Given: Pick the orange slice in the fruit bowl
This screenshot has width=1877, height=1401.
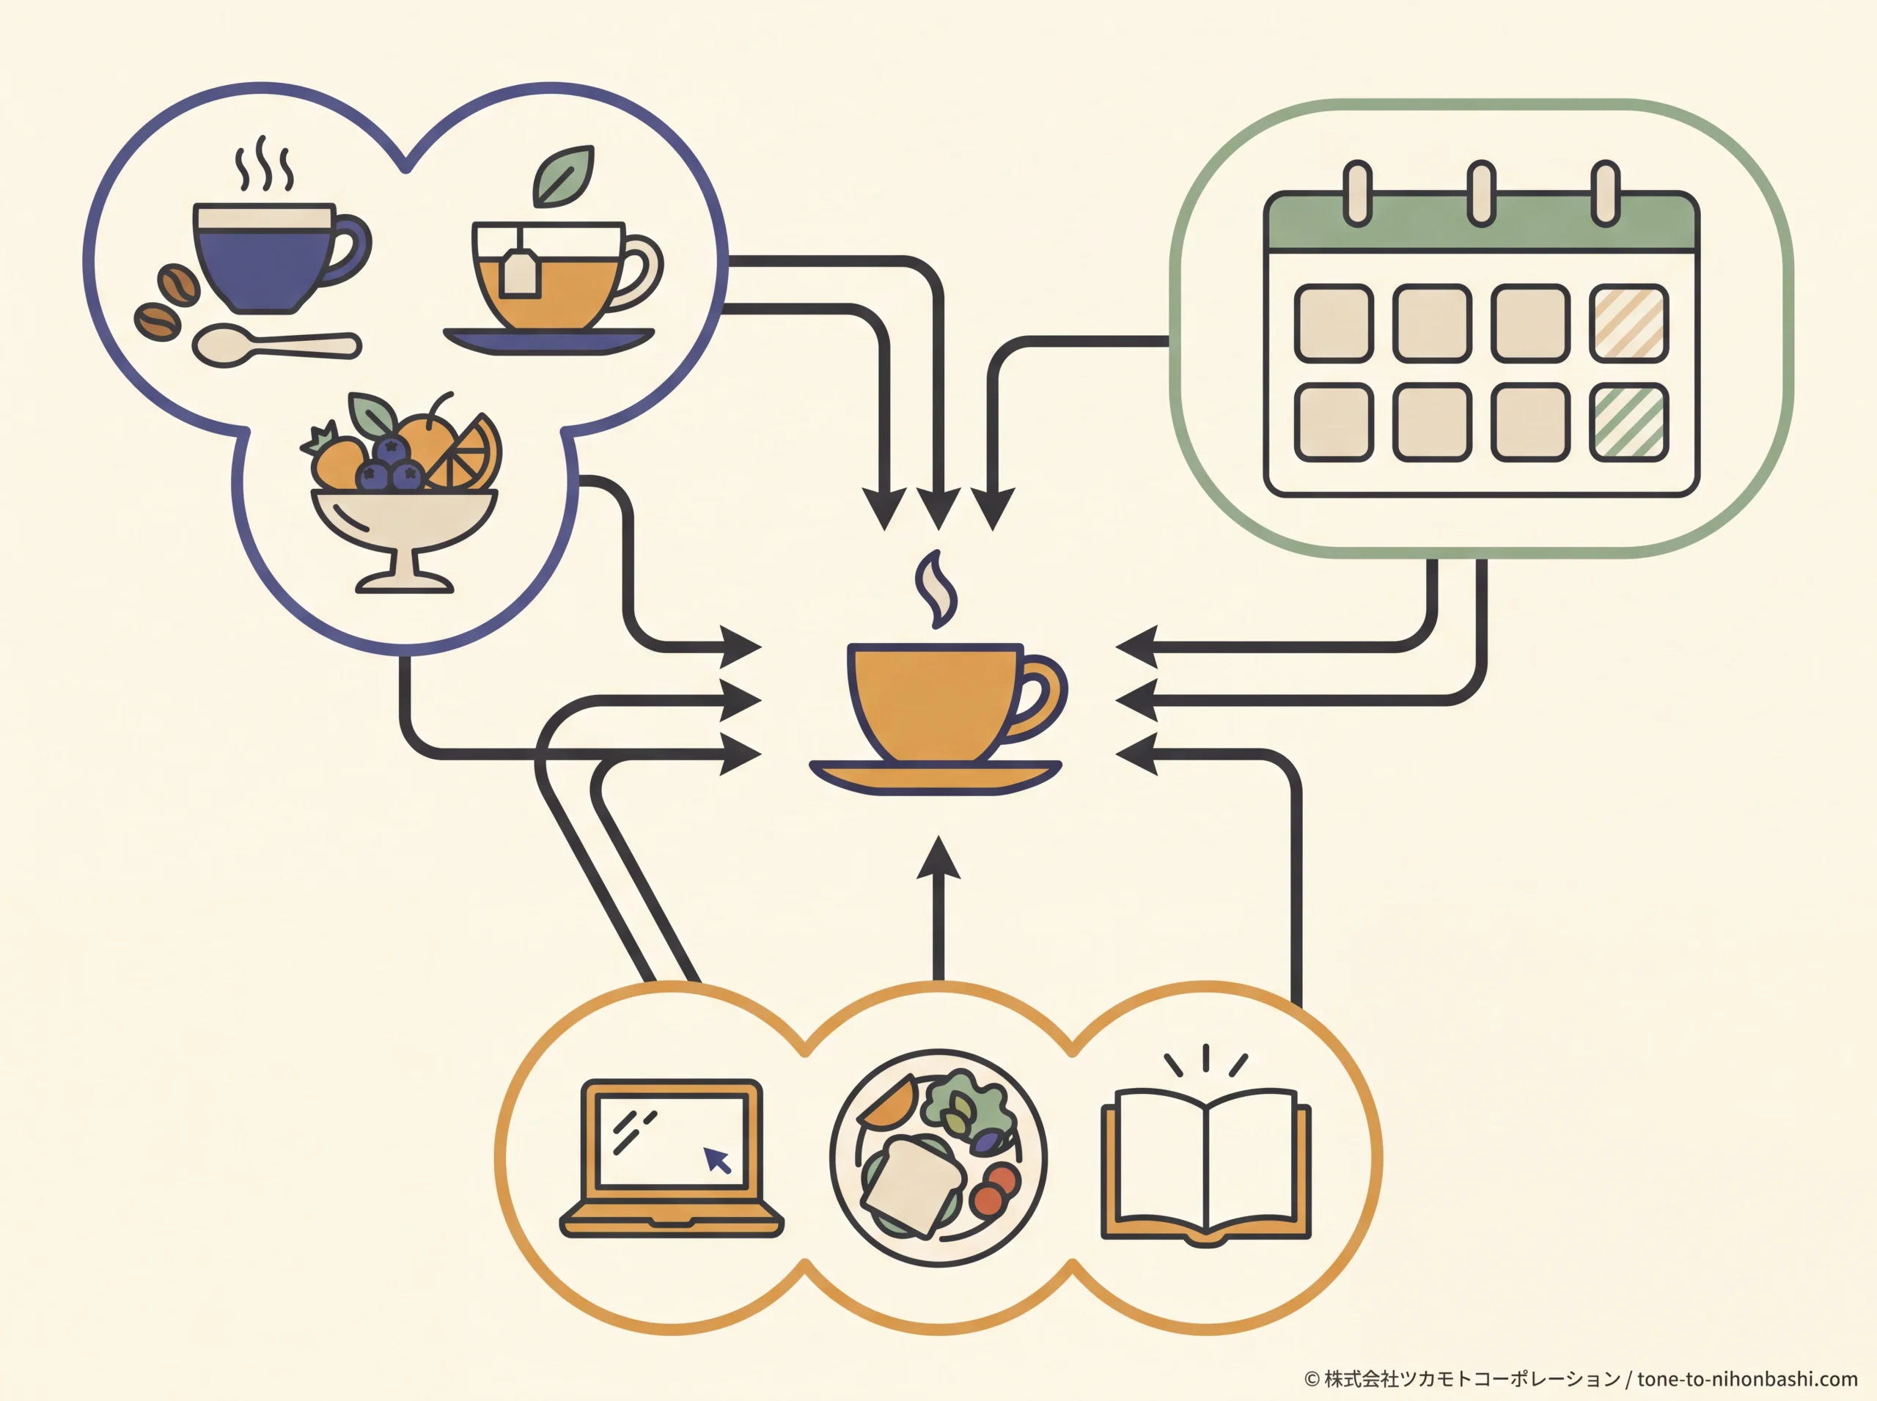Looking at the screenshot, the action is (x=469, y=454).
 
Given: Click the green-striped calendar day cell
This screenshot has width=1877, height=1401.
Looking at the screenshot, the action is (x=1628, y=422).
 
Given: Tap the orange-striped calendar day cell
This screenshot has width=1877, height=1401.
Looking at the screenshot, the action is (x=1628, y=323).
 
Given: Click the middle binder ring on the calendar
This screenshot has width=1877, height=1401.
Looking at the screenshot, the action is (x=1481, y=194).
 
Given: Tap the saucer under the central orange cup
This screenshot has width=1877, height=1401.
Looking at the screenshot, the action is (x=936, y=777).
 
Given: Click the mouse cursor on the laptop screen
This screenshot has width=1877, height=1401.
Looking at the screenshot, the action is (x=718, y=1160).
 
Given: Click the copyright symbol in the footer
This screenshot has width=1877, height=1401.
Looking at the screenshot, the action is (x=1312, y=1379).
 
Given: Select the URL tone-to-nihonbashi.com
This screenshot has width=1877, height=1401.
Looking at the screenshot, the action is (x=1747, y=1379).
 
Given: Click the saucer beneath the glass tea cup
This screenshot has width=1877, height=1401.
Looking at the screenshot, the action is (x=548, y=341).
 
